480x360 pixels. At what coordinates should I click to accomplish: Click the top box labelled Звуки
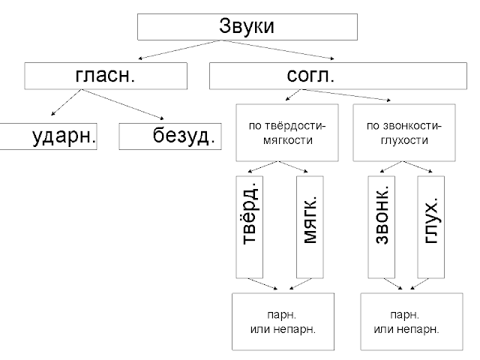pyautogui.click(x=247, y=26)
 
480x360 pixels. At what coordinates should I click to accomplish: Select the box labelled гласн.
pyautogui.click(x=104, y=76)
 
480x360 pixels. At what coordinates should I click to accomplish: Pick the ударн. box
pyautogui.click(x=49, y=136)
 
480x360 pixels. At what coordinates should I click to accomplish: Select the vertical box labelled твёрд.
pyautogui.click(x=250, y=226)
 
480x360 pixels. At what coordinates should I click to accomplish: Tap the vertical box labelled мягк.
pyautogui.click(x=311, y=226)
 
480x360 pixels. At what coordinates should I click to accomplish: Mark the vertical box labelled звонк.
pyautogui.click(x=381, y=226)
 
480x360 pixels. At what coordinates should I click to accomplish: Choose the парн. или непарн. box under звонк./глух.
pyautogui.click(x=406, y=321)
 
